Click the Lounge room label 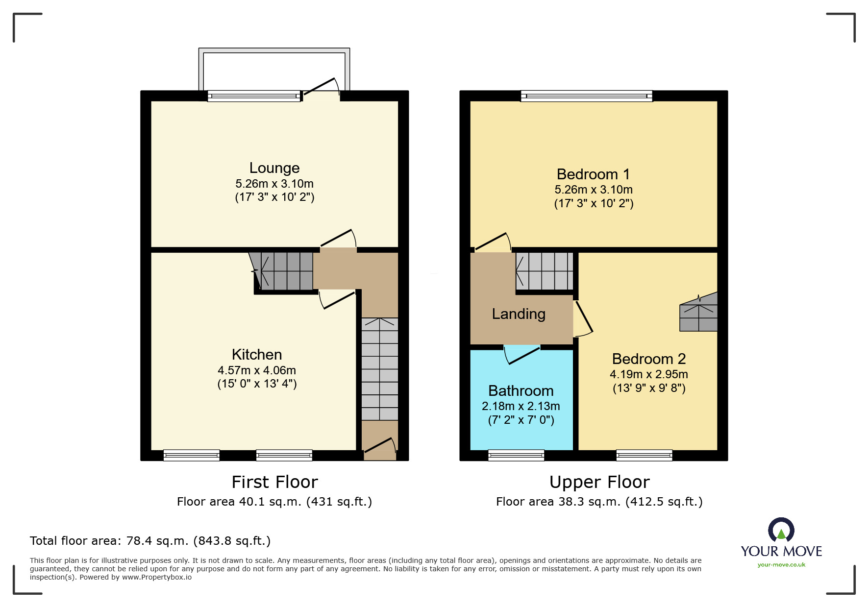[274, 168]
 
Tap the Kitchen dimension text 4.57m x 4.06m [257, 370]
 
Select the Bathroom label [521, 391]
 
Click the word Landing [519, 314]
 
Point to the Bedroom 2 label [648, 359]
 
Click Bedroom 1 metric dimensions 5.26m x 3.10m [594, 190]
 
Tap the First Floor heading [274, 482]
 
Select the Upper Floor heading [599, 482]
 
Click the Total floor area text [150, 541]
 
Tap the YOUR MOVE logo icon [781, 530]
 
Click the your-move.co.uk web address [781, 565]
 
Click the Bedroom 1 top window [586, 96]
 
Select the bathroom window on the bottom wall [516, 456]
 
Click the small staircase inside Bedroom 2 [698, 314]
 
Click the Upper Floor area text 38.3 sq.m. [599, 502]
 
